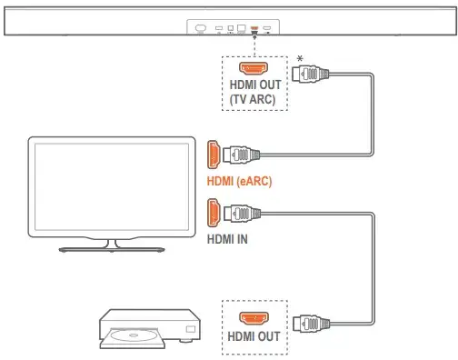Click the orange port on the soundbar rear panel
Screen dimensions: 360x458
254,29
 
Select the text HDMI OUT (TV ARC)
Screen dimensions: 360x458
254,93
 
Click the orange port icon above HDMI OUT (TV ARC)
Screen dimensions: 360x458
254,68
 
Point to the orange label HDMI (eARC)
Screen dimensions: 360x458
240,181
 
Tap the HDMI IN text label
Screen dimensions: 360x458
227,240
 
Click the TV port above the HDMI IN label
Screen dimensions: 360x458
214,215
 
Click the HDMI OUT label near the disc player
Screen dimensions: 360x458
254,335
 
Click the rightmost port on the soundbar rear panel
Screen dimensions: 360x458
268,29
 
